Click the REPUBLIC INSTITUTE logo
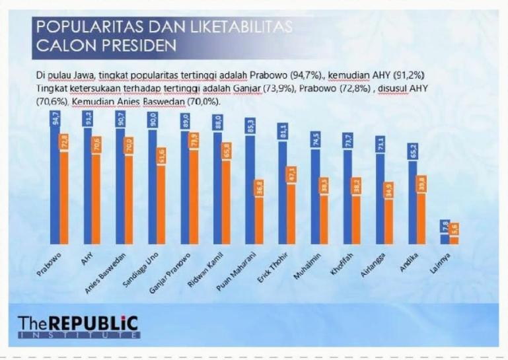coord(79,326)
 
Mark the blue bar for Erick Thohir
coord(282,192)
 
